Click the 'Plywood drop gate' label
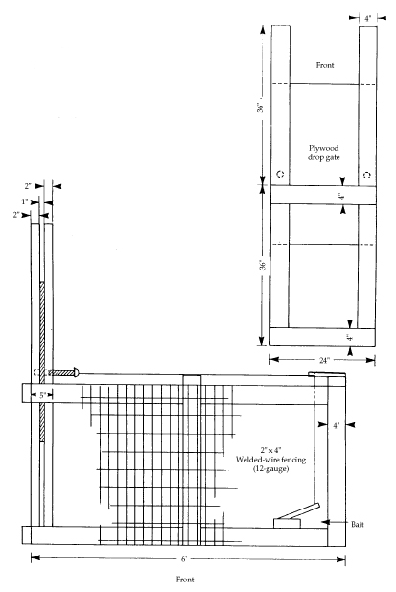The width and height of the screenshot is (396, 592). click(323, 153)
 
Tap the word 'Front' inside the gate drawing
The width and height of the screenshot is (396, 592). click(325, 65)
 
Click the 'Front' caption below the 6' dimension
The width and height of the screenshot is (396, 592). click(185, 580)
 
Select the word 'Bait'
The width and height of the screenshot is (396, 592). click(358, 524)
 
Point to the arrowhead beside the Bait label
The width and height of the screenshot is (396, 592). click(326, 522)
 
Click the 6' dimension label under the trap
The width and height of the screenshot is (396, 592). click(184, 558)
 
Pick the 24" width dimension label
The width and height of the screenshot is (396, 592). click(324, 360)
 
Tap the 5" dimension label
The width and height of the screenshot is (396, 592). click(42, 395)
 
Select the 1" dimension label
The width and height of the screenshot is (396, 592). click(25, 201)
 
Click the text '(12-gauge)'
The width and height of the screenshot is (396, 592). click(271, 469)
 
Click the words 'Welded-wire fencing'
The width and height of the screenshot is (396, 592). click(270, 460)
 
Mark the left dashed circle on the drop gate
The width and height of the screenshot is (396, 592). click(280, 174)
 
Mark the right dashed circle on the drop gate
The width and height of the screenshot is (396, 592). click(367, 175)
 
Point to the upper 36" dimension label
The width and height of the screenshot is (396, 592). click(260, 107)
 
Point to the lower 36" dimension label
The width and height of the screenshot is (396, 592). click(263, 264)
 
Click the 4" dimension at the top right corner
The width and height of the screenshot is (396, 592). click(368, 18)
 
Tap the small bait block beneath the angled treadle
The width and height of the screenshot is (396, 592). click(288, 523)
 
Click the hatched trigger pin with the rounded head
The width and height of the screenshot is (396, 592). click(63, 373)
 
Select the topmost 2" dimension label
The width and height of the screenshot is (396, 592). click(29, 186)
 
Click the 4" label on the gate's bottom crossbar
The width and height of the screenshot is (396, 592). click(350, 337)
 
